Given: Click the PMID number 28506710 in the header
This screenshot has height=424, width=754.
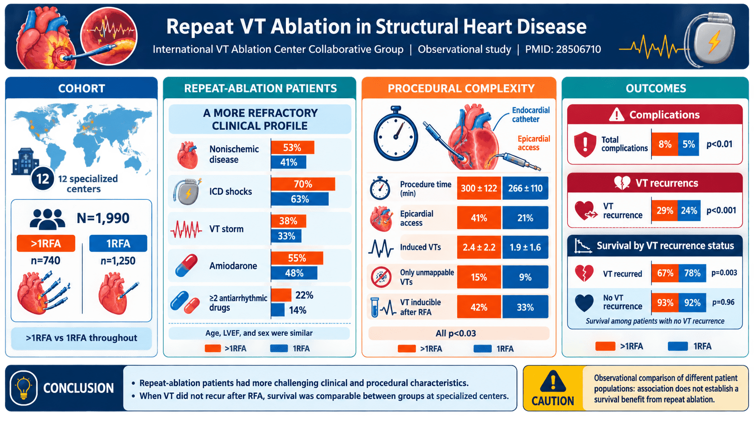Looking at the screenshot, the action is click(x=578, y=50).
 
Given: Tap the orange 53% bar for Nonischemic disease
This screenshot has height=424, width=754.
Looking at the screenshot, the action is click(x=293, y=148).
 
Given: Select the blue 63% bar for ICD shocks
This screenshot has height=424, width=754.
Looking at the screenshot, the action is click(x=299, y=199).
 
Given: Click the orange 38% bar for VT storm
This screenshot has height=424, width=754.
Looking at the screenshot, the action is click(x=289, y=221).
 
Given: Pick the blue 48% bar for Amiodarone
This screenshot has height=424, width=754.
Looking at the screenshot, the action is click(x=294, y=273).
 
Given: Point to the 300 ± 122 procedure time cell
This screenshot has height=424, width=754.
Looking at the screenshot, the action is click(x=478, y=188).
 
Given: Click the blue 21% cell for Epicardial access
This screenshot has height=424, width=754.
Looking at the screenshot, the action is click(x=525, y=218).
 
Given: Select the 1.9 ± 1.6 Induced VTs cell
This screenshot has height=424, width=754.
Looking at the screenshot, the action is click(x=525, y=247).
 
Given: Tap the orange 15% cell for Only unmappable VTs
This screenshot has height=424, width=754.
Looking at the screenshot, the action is click(x=478, y=277).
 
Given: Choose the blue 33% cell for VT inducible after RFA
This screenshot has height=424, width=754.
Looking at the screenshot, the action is click(x=525, y=307).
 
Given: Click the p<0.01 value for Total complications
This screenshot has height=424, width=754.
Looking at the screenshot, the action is click(x=719, y=144).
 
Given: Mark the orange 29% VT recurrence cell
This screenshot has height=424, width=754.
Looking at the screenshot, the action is click(x=664, y=211).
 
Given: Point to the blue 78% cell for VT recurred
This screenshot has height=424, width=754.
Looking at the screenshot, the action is click(x=692, y=273).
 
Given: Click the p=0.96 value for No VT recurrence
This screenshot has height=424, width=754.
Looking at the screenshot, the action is click(x=723, y=302).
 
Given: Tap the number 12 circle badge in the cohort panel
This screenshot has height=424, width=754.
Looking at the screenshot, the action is click(x=42, y=178).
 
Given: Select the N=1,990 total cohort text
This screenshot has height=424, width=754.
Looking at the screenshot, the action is click(x=103, y=218).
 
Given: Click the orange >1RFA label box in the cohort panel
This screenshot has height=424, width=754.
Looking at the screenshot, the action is click(x=46, y=243).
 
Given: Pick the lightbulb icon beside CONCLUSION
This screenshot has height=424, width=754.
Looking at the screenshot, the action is click(x=23, y=388).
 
